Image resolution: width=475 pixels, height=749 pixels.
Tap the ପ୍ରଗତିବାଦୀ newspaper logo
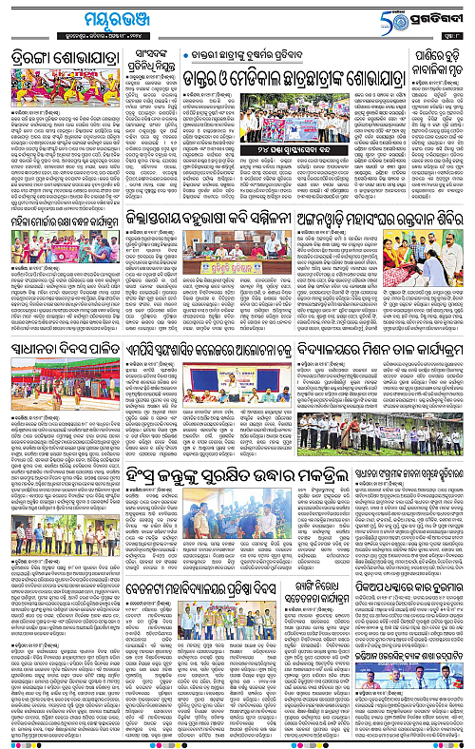[440, 18]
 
